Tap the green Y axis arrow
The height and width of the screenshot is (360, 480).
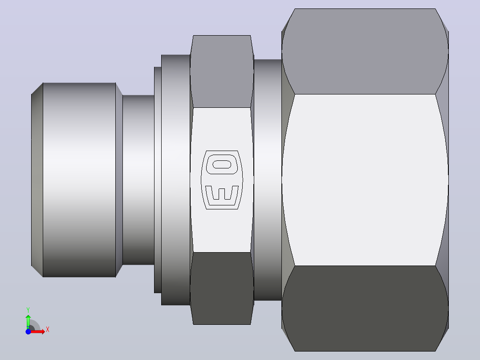point(28,322)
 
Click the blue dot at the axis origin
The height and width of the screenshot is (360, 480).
point(28,331)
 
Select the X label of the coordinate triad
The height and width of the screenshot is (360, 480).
point(48,330)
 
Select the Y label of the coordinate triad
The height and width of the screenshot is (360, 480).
point(28,310)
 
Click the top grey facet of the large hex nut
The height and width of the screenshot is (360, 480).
point(365,52)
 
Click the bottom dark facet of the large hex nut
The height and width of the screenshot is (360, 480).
point(365,308)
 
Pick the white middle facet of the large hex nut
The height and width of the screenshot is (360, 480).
point(365,180)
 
